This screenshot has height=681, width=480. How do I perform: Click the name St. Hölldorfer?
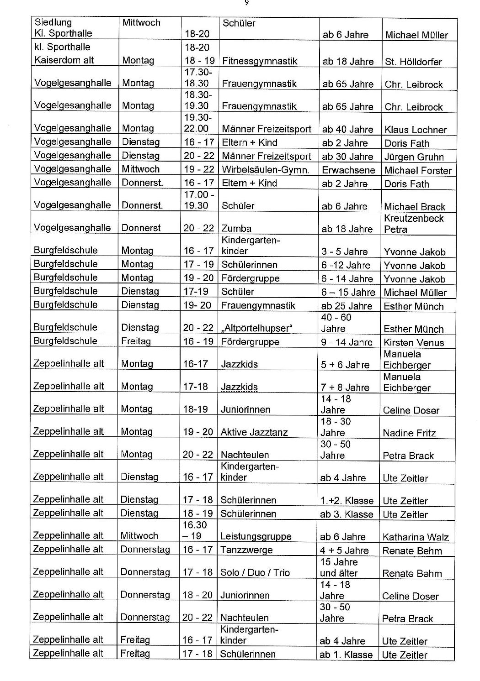[x=413, y=62]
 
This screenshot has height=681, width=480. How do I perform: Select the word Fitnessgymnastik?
[x=259, y=61]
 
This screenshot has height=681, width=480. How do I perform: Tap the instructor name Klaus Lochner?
[x=415, y=130]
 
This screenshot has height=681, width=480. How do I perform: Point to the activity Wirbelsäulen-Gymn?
[x=265, y=170]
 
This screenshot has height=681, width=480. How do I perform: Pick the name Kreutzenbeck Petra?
[x=414, y=224]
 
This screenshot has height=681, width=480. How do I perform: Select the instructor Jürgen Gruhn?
[x=414, y=157]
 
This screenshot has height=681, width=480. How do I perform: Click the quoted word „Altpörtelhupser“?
[x=256, y=328]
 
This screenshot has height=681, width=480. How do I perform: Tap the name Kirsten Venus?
[x=413, y=342]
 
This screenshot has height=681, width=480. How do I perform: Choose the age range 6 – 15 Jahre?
[x=347, y=293]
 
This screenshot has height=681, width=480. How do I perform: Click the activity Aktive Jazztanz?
[x=254, y=432]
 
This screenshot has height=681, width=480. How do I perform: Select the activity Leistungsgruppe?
[x=256, y=537]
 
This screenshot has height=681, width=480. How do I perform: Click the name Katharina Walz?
[x=416, y=537]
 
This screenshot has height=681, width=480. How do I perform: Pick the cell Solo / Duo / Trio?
[x=255, y=573]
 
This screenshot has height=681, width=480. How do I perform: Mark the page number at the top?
[x=246, y=3]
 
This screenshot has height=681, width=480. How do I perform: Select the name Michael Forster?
[x=417, y=171]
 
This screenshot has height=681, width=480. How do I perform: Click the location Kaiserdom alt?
[x=64, y=60]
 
